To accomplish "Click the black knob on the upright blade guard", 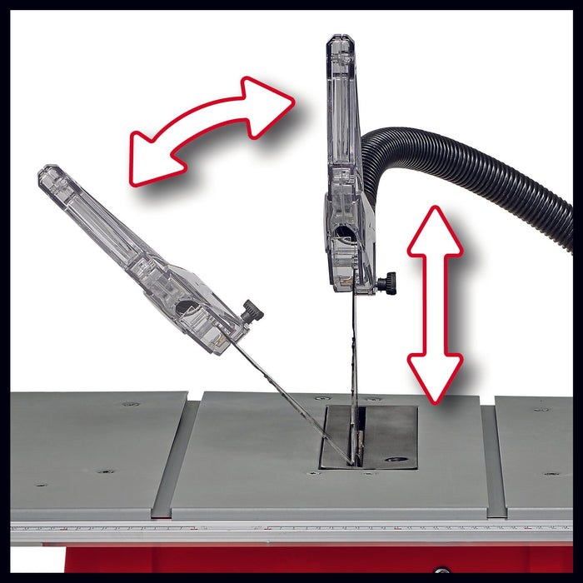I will click(386, 284).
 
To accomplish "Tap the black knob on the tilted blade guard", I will click(252, 312).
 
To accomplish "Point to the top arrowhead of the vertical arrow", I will click(435, 229).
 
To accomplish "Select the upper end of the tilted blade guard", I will click(50, 176).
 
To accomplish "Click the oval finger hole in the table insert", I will click(398, 458).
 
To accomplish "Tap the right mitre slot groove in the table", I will click(492, 458).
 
